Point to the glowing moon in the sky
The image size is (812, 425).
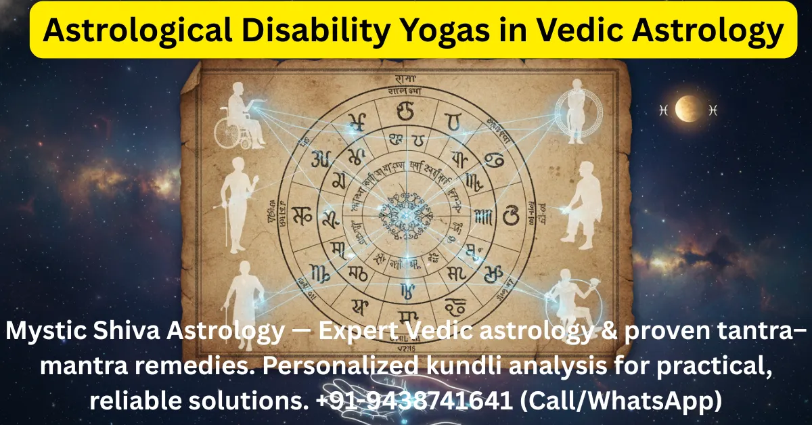tap(689, 109)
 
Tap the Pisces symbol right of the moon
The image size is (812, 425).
tap(713, 109)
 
